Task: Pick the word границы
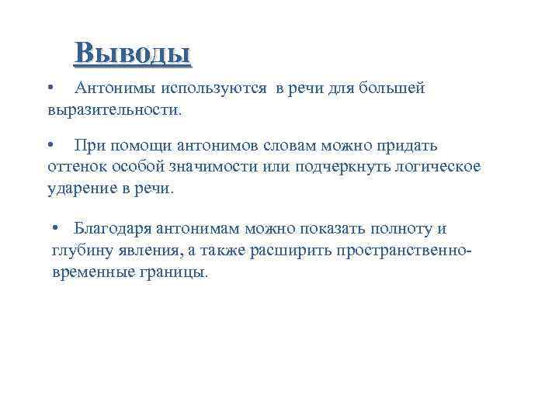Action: pyautogui.click(x=175, y=272)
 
